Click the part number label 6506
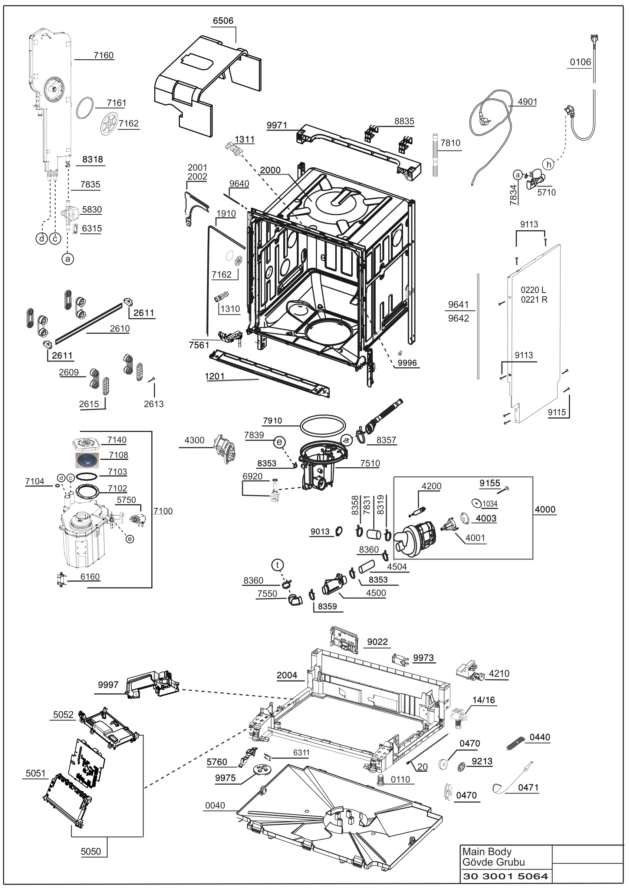coord(223,20)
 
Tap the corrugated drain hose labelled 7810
coord(436,155)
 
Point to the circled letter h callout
coord(549,164)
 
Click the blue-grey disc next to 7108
coord(87,461)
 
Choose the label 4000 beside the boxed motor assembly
coord(545,510)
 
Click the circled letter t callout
coord(277,565)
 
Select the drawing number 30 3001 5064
coord(505,876)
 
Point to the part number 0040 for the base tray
coord(215,805)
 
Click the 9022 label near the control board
coord(378,642)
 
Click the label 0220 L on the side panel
coord(533,290)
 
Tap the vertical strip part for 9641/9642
coord(479,326)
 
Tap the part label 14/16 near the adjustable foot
coord(484,700)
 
